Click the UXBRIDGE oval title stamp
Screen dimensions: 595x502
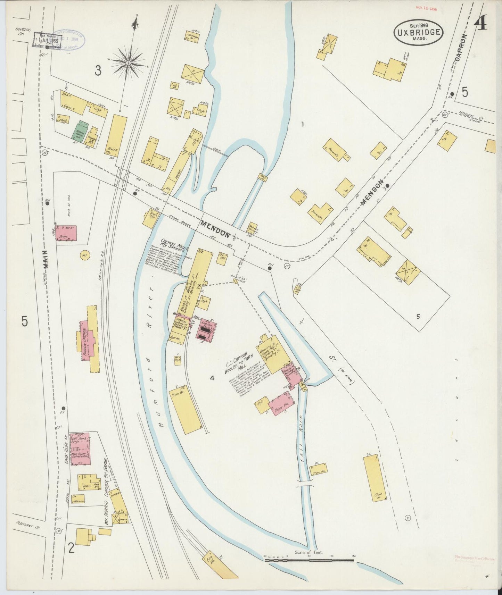418,33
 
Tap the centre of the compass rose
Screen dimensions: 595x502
128,63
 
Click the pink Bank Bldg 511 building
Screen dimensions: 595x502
80,449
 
